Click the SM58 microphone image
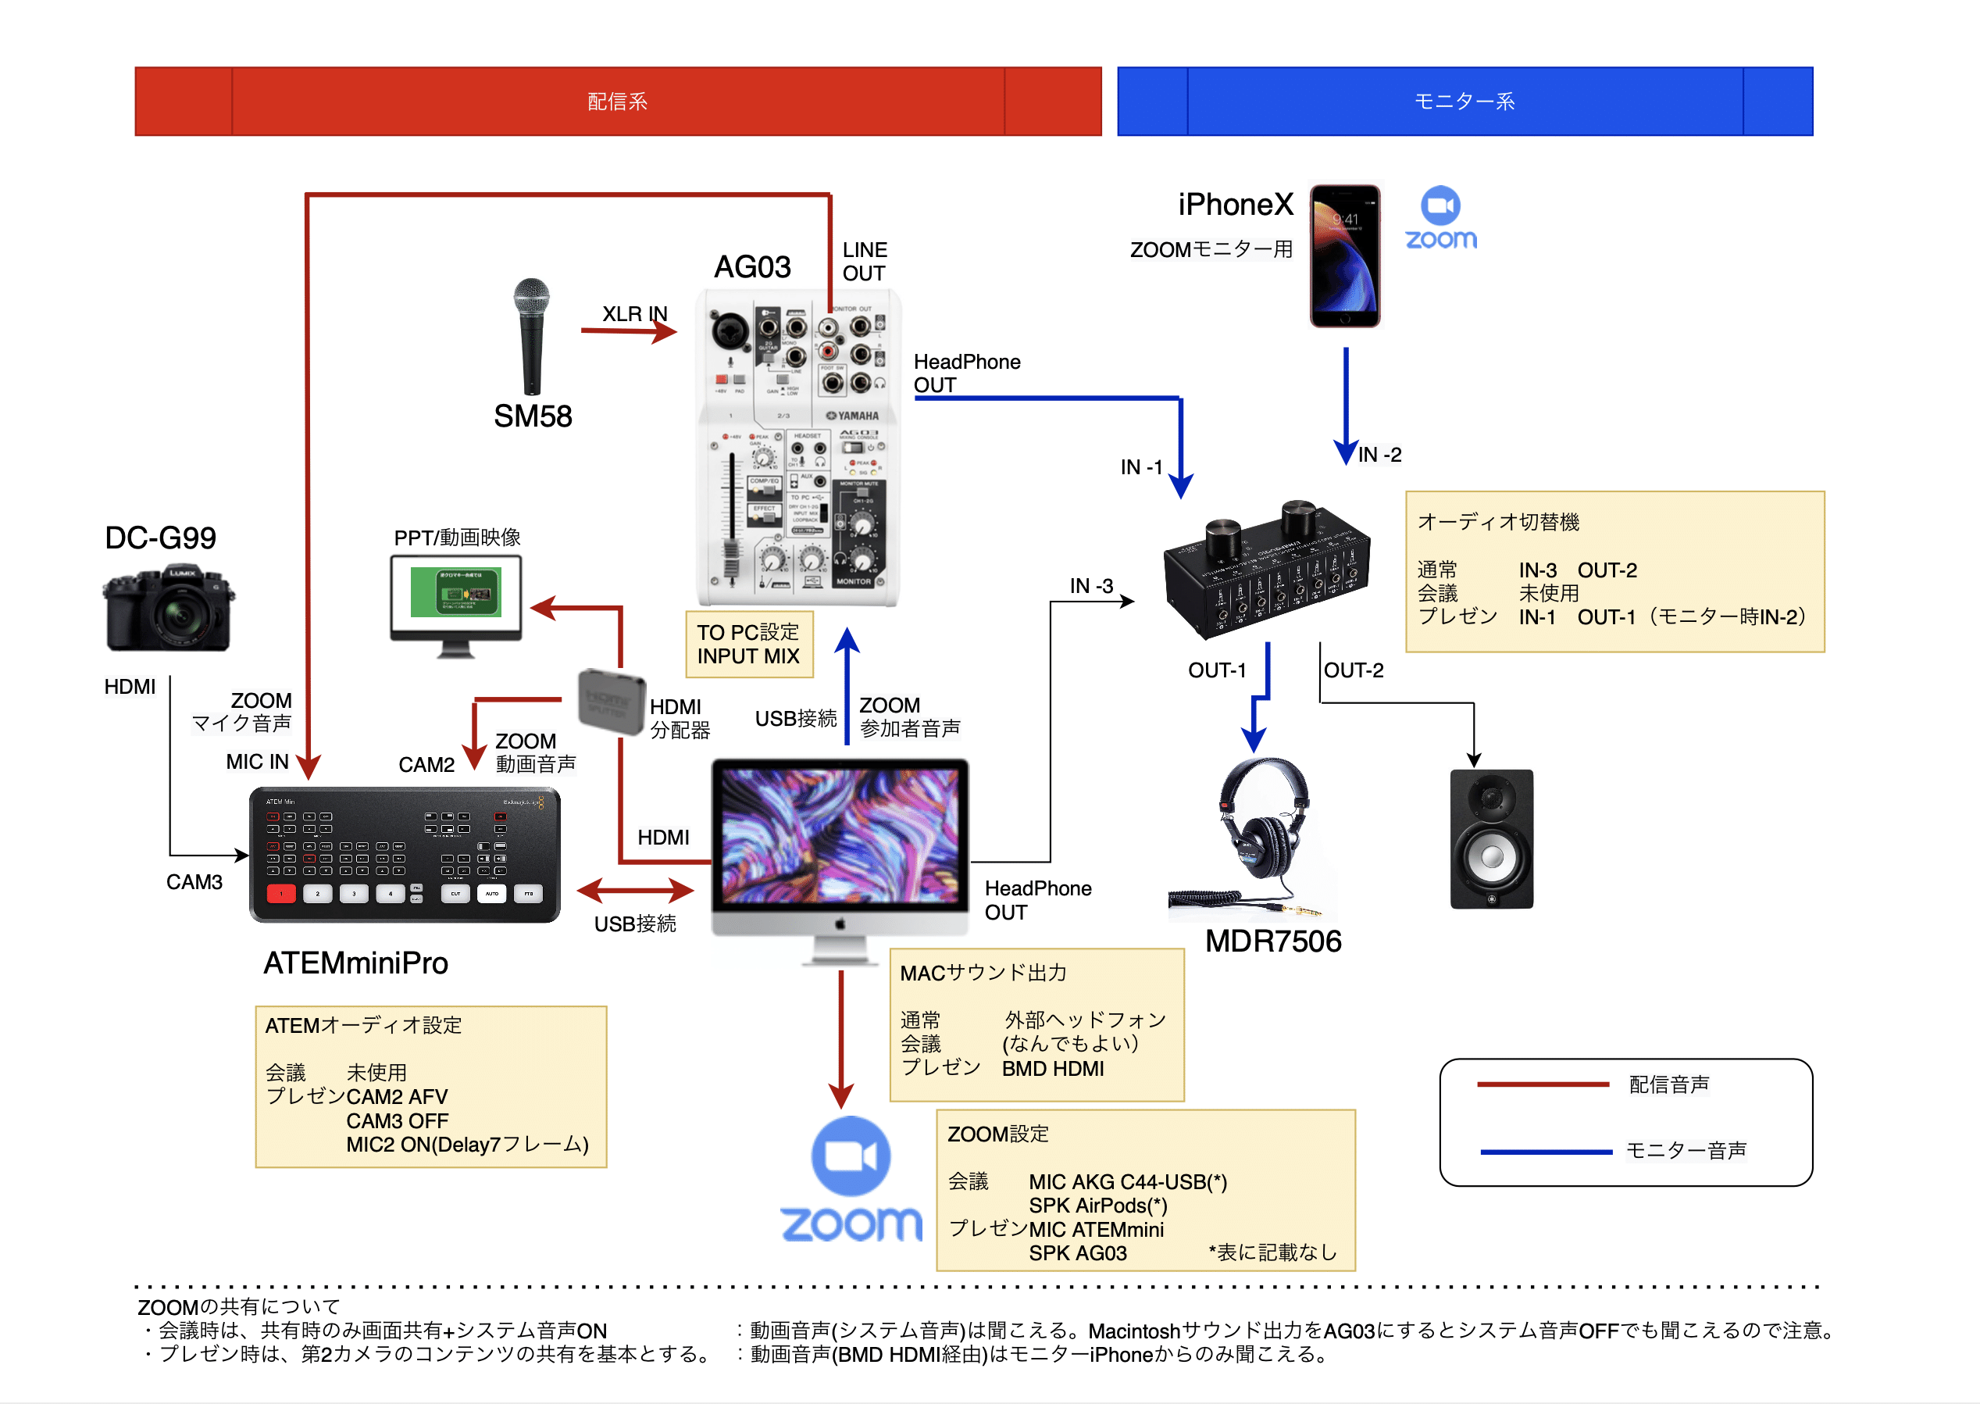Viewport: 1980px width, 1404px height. click(x=530, y=338)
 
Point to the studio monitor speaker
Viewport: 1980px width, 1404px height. click(x=1491, y=838)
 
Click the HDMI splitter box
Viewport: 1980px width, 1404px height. click(x=610, y=700)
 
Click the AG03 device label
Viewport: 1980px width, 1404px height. click(x=752, y=267)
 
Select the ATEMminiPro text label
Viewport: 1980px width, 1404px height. click(x=355, y=963)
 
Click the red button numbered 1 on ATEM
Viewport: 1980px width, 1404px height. click(x=281, y=894)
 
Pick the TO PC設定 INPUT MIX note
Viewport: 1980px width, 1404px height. click(x=748, y=644)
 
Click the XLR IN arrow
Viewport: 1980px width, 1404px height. click(x=628, y=331)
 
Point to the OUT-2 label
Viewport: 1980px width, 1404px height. click(x=1354, y=670)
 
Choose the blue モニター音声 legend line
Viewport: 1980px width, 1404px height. click(x=1545, y=1152)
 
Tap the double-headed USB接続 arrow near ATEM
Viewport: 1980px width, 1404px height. click(x=635, y=890)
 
